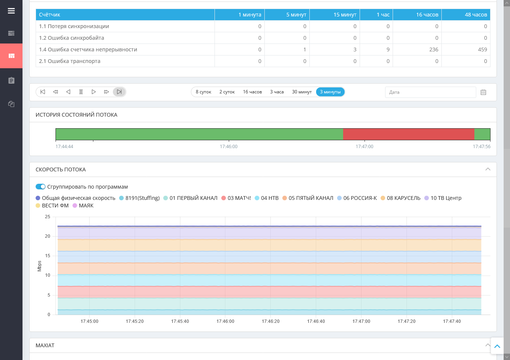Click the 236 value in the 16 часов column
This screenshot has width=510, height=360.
[433, 49]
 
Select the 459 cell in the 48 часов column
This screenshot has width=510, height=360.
[482, 49]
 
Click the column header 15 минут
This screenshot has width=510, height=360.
[345, 15]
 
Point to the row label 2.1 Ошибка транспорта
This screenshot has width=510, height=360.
[70, 61]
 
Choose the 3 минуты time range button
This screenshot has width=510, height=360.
[330, 92]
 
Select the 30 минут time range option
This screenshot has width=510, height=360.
[301, 92]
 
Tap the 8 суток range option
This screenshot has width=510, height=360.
[203, 92]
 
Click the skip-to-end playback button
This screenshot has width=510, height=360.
[119, 92]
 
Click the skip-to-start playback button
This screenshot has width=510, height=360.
[43, 92]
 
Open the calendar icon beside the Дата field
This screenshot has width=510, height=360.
[483, 92]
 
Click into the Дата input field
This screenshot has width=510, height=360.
[430, 92]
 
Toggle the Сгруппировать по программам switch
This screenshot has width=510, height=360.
[40, 187]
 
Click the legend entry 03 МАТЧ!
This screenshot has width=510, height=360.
[236, 198]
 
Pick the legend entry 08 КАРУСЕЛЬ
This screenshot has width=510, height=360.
[400, 198]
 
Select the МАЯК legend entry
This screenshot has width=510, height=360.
[83, 205]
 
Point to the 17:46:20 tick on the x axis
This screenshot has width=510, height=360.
[270, 321]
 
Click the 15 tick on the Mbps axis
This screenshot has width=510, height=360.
[47, 256]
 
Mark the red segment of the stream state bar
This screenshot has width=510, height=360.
[408, 134]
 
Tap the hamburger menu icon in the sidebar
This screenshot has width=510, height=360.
[11, 11]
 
